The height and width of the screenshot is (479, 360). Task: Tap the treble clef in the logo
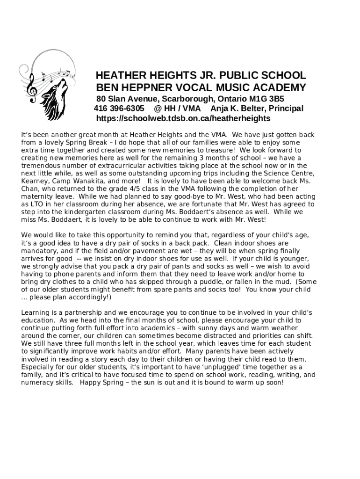pos(32,89)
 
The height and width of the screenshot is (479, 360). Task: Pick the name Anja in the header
pos(219,109)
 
